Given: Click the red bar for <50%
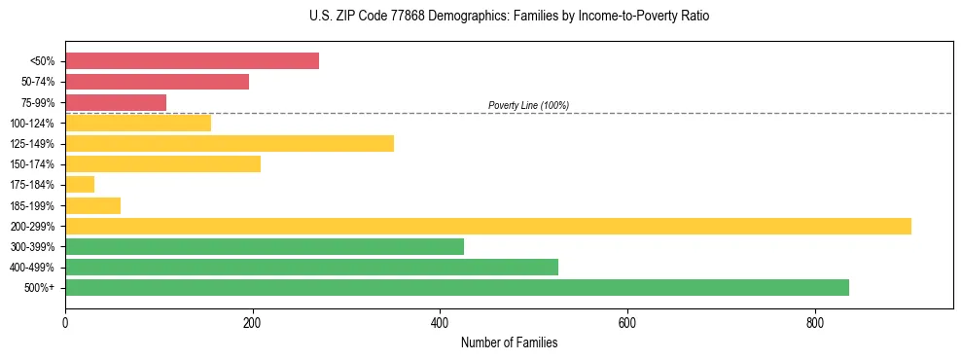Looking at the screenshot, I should coord(192,61).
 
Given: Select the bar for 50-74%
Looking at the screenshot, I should coord(157,82).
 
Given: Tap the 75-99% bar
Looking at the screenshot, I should coord(116,102).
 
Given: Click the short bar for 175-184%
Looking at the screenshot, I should coord(80,185).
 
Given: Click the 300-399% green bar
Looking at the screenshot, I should coord(265,247).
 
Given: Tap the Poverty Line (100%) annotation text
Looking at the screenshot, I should coord(528,105).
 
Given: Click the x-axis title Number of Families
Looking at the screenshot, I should coord(509,342).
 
